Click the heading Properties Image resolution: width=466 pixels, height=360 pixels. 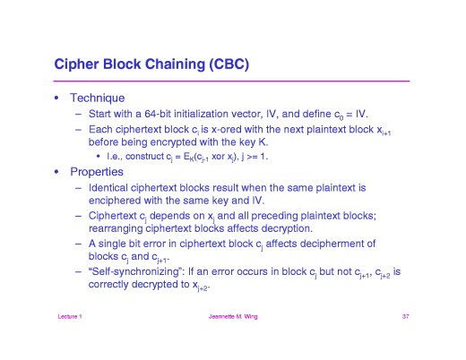(x=99, y=172)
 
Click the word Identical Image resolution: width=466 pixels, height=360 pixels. (x=113, y=189)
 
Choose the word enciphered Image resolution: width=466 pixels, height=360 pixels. (x=119, y=201)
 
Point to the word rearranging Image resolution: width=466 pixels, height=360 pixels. (x=121, y=228)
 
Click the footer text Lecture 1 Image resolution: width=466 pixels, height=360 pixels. (x=68, y=317)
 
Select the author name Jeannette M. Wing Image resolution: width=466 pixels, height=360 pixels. (x=232, y=317)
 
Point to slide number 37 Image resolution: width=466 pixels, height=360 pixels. (x=405, y=317)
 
